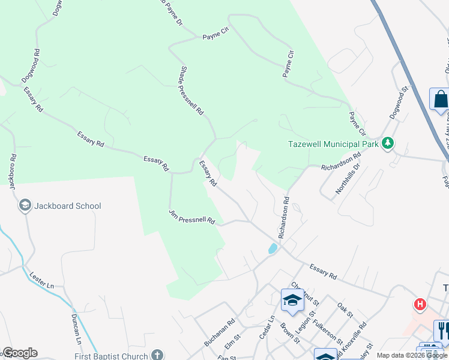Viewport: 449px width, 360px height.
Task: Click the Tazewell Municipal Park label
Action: [333, 144]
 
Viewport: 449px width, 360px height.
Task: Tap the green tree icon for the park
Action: [388, 143]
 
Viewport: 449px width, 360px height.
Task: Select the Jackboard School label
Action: [68, 206]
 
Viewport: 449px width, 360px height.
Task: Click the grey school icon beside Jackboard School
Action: [25, 206]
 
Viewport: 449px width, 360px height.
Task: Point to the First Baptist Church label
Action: [104, 355]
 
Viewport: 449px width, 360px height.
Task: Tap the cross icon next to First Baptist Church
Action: [157, 355]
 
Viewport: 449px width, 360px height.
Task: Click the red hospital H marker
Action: [420, 304]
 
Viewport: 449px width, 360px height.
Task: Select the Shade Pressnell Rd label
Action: [191, 91]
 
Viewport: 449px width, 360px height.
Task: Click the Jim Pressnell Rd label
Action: [191, 217]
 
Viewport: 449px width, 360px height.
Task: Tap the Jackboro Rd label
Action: [12, 172]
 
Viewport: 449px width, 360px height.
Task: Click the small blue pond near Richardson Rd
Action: [273, 248]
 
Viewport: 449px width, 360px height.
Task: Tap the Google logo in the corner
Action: [19, 353]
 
